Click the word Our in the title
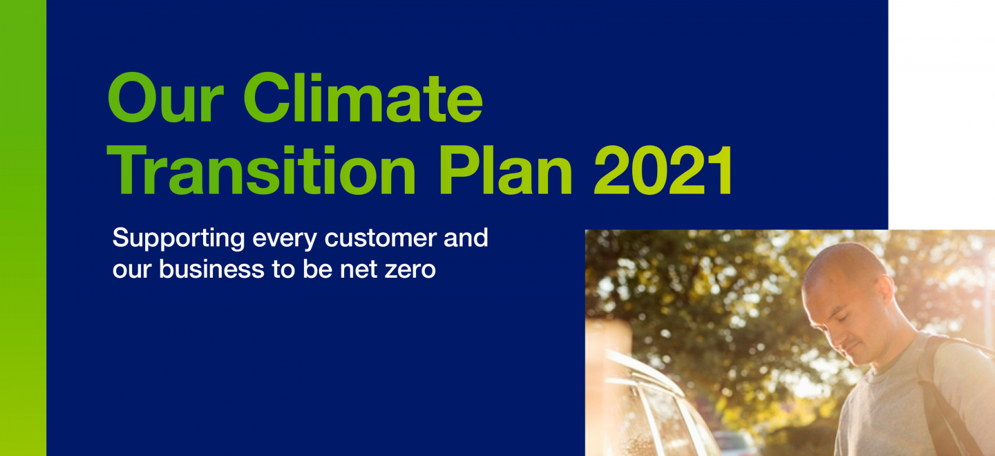(x=165, y=97)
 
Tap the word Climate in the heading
(x=363, y=97)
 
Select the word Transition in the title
(x=261, y=170)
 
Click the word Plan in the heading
(x=506, y=170)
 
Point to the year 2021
(x=663, y=171)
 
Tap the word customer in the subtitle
(x=381, y=238)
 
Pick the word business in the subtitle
(x=211, y=269)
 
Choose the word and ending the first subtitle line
(x=466, y=238)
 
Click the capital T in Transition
(x=127, y=169)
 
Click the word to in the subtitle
(x=283, y=269)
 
